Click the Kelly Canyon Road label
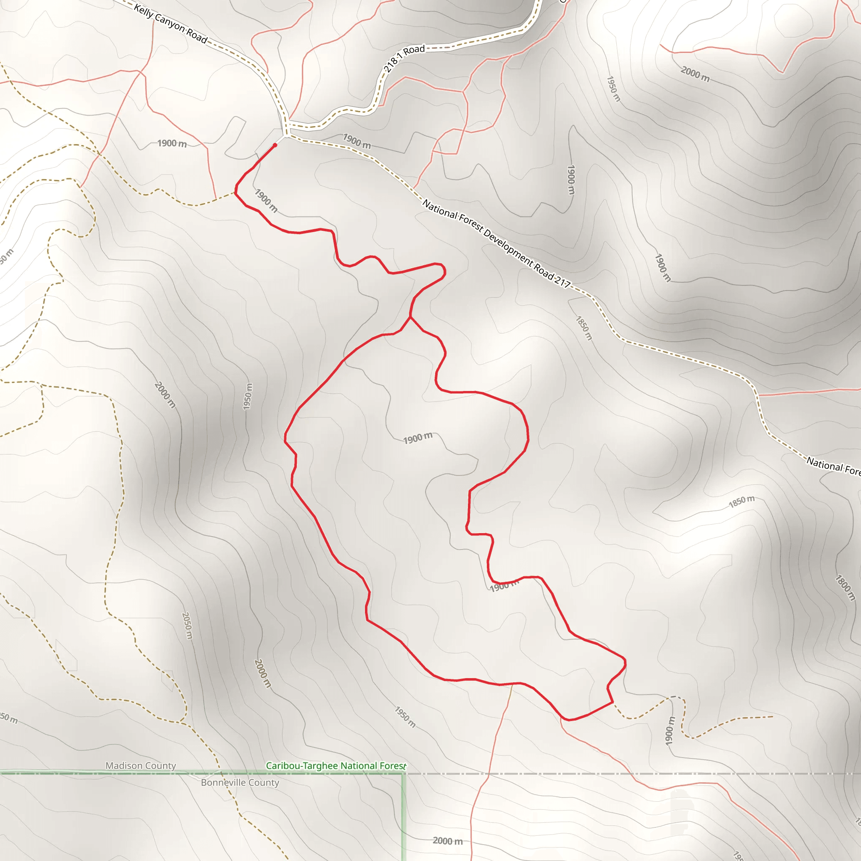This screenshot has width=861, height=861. [171, 24]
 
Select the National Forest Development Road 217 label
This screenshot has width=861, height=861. [496, 243]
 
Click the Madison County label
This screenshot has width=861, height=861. [141, 765]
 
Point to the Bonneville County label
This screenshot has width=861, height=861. [240, 782]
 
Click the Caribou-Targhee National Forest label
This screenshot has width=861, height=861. [335, 765]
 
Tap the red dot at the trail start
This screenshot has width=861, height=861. [275, 145]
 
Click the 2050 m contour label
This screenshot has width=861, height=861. [187, 626]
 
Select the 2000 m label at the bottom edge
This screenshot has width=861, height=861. [447, 840]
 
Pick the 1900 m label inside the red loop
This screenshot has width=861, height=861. [417, 438]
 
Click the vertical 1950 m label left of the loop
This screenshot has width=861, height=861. [248, 396]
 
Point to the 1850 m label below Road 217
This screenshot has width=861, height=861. [584, 328]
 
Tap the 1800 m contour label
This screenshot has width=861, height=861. [845, 588]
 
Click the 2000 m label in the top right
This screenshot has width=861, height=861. [695, 74]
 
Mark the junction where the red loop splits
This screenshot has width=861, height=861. [410, 317]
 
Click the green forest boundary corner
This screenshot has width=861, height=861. [403, 774]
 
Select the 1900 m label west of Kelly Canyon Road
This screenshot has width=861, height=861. [172, 143]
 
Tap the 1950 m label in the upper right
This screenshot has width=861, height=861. [613, 88]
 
